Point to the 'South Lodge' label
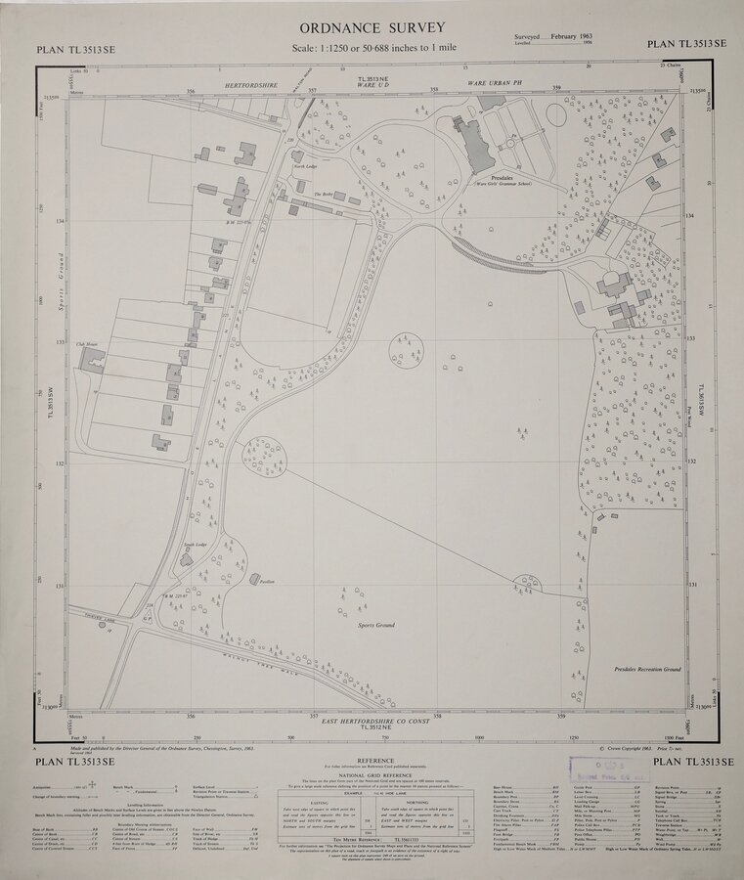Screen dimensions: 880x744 [196, 544]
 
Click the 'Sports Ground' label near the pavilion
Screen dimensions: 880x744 [377, 623]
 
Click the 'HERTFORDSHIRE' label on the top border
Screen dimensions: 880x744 [252, 87]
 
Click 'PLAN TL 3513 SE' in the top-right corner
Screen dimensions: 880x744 [686, 44]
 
